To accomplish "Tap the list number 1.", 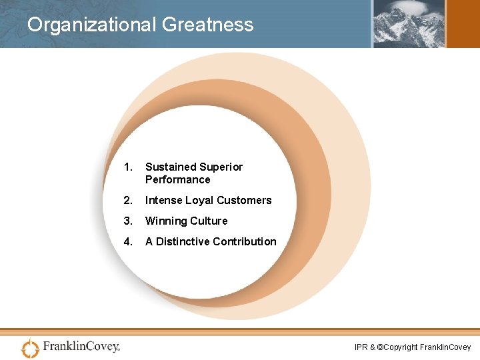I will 129,167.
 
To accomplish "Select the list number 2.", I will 129,200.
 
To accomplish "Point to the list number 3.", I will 129,221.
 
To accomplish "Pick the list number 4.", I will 129,241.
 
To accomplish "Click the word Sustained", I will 171,167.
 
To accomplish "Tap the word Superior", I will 221,167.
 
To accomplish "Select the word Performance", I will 177,179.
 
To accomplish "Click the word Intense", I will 163,200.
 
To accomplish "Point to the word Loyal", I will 199,200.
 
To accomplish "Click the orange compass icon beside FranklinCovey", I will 31,347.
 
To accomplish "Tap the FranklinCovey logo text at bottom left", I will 81,347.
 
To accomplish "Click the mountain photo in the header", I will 407,23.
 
